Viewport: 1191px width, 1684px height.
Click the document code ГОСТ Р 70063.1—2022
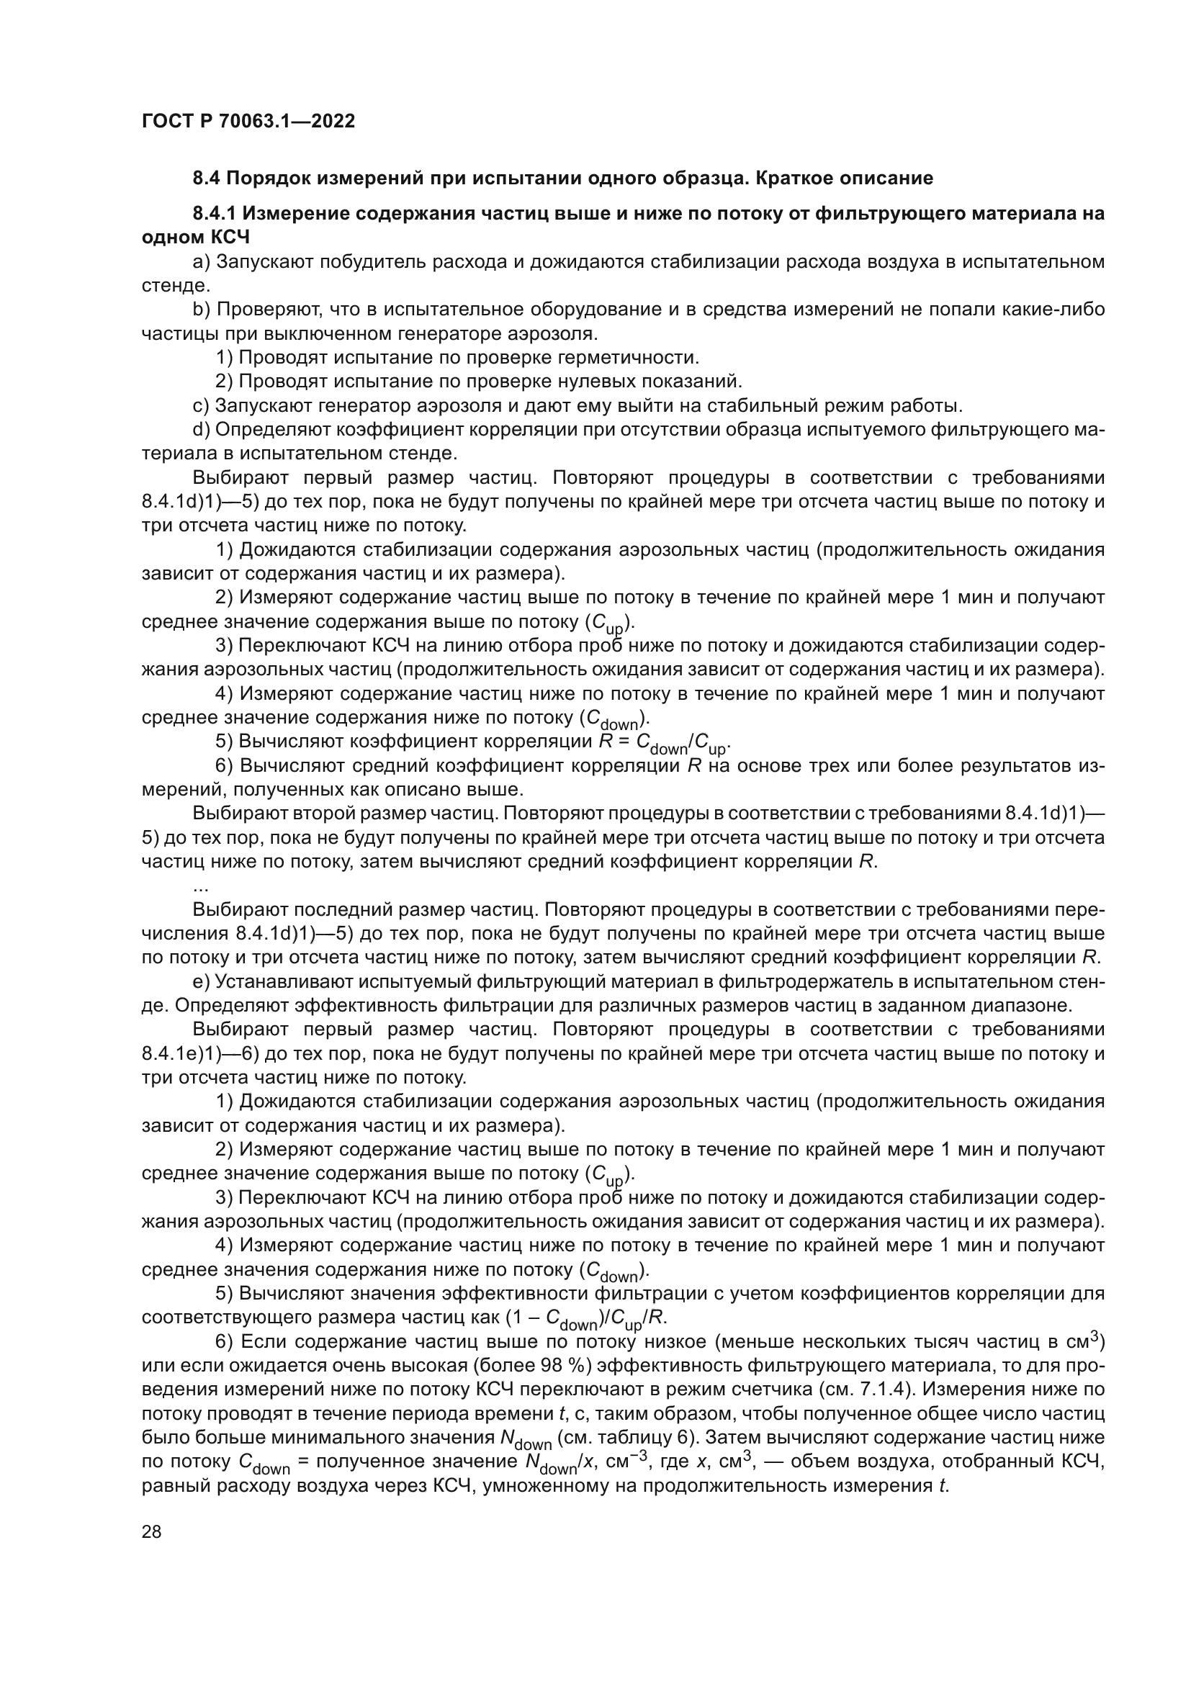coord(248,122)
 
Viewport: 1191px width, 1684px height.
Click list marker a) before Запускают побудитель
coord(201,263)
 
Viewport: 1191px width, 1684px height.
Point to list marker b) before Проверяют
coord(201,310)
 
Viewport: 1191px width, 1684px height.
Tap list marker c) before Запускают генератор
coord(201,405)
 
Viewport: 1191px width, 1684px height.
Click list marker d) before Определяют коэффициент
coord(201,430)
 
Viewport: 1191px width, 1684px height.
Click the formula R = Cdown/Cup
coord(665,743)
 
